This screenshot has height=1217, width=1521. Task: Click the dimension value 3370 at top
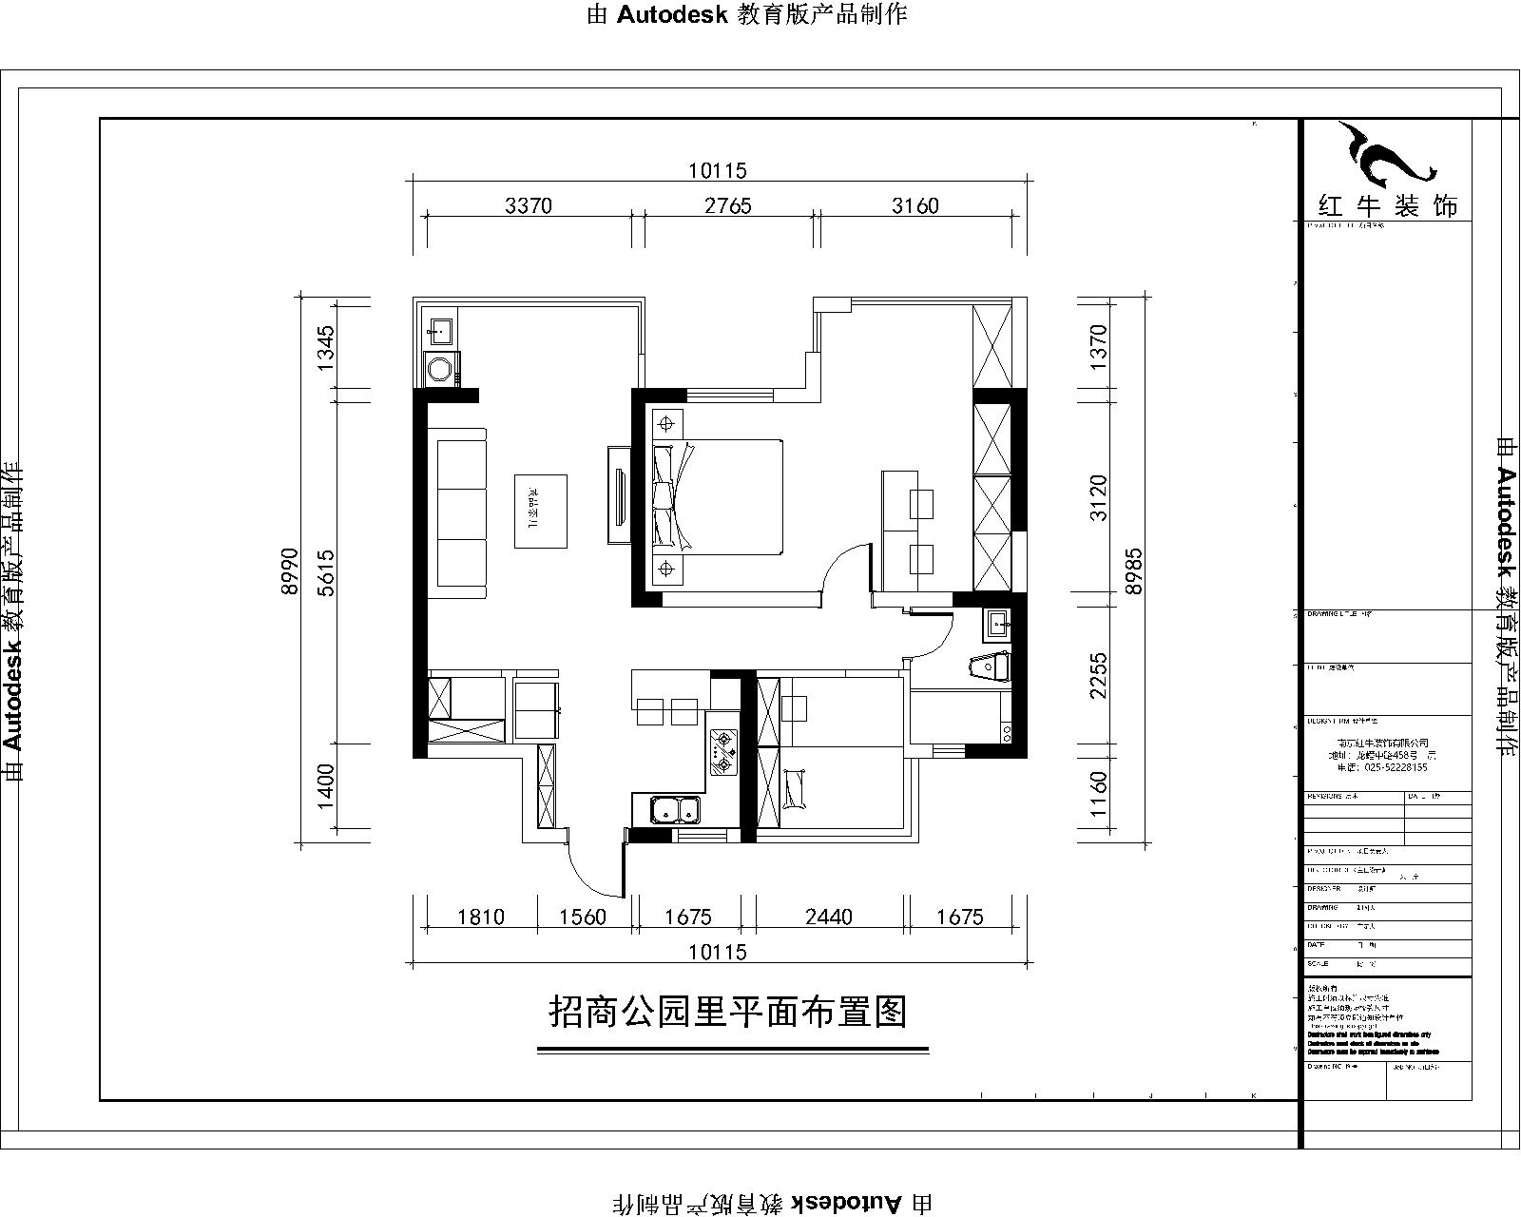[x=528, y=205]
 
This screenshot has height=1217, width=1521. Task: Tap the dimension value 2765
[x=727, y=205]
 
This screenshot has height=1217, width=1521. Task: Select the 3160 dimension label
[x=915, y=205]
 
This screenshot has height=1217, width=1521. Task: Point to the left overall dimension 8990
[x=292, y=570]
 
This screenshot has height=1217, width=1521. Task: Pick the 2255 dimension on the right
[x=1099, y=675]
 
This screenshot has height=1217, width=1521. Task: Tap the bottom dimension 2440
[x=828, y=917]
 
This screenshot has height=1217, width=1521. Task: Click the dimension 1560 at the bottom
[x=582, y=917]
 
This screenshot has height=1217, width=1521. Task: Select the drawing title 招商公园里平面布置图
[x=728, y=1012]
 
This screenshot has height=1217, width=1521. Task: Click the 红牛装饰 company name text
[x=1387, y=205]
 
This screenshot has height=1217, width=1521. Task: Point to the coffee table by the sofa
[x=541, y=512]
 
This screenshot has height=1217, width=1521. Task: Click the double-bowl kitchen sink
[x=675, y=811]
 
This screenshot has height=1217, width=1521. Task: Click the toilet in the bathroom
[x=989, y=667]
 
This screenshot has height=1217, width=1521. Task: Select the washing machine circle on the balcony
[x=439, y=369]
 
